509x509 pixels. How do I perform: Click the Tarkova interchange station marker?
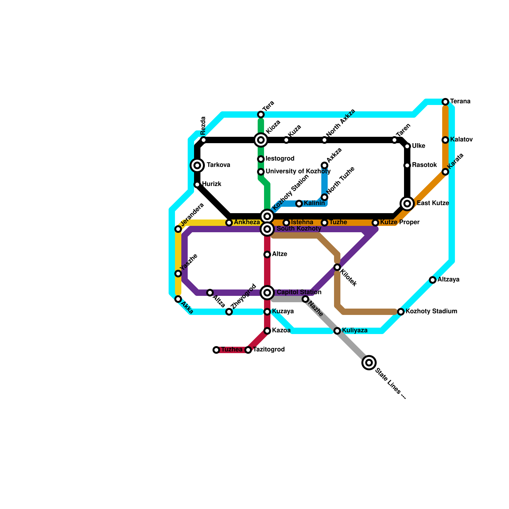pos(197,165)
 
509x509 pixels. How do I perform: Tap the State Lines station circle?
pos(369,362)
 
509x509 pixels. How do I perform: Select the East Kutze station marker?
pos(407,203)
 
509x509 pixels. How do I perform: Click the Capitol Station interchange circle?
pos(267,292)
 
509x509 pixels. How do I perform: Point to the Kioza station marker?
pos(261,140)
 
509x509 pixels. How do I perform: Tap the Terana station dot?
pos(445,101)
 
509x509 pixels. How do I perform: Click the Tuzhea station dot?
pos(216,350)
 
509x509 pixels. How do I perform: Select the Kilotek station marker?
pos(337,267)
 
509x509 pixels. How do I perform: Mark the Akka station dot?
pos(178,299)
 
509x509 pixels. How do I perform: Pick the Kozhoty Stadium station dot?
pos(401,311)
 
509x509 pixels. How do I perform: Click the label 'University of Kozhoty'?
pos(298,171)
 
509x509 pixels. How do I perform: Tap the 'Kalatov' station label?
pos(461,140)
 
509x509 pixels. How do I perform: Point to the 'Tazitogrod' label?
pos(269,350)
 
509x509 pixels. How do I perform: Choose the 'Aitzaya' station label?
pos(448,280)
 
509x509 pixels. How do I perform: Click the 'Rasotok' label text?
pos(424,165)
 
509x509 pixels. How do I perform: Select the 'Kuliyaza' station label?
pos(355,331)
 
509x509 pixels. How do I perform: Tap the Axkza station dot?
pos(324,165)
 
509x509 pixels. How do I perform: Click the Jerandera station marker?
pos(178,229)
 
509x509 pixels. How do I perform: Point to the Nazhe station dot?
pos(305,299)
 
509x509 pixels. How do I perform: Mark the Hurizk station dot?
pos(197,184)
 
